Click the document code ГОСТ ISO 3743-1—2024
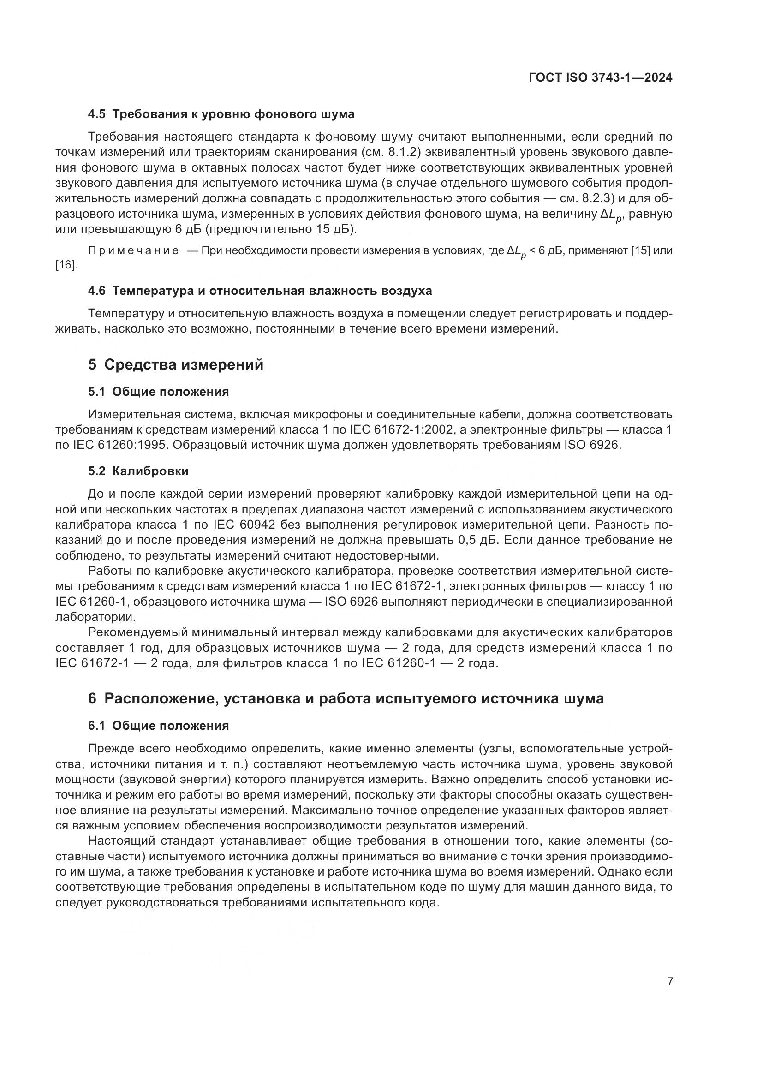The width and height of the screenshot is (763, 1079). click(601, 78)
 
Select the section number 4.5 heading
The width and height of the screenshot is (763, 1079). click(97, 114)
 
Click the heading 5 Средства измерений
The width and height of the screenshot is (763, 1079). click(176, 364)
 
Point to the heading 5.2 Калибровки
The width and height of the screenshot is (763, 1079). click(138, 471)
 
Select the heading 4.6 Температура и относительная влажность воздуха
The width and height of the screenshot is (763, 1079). click(260, 291)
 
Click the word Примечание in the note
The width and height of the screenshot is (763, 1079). click(133, 251)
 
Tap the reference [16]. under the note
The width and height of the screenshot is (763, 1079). click(66, 266)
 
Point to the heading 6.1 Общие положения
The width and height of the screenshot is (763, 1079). click(158, 726)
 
